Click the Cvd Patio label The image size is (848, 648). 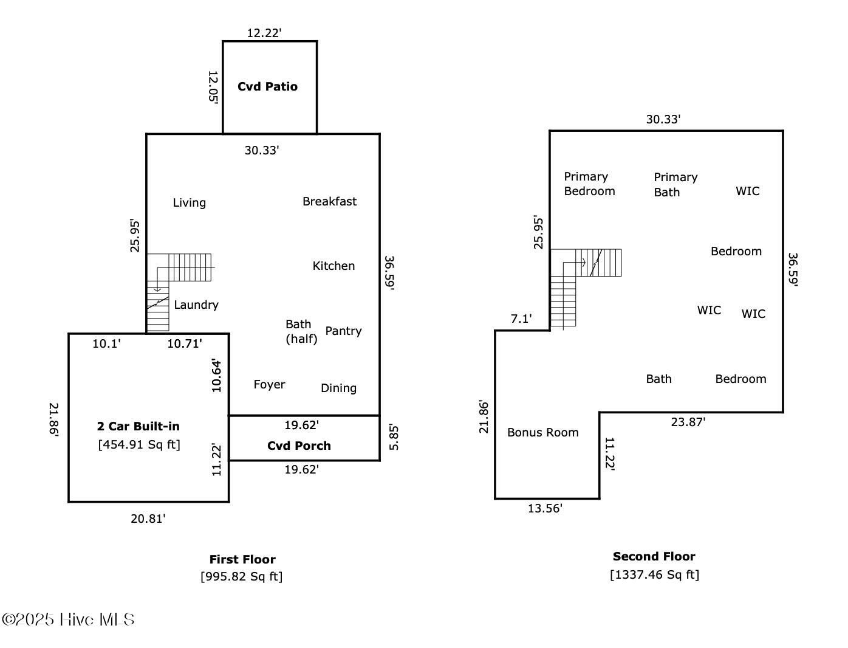[267, 86]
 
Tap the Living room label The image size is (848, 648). [189, 202]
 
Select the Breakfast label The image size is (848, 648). [329, 201]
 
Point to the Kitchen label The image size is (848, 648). [333, 266]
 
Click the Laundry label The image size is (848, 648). [196, 305]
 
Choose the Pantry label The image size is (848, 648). [343, 331]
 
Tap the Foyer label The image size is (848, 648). [269, 384]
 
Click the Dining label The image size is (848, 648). [338, 388]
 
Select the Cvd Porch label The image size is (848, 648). [299, 446]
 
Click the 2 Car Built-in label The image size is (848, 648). [138, 426]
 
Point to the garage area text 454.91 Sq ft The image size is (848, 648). [139, 444]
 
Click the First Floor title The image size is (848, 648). [242, 559]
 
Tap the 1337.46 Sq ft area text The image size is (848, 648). [654, 574]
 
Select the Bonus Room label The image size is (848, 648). [542, 432]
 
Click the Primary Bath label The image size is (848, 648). [675, 184]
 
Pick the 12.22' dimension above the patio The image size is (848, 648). [264, 33]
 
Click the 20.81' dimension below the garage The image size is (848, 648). [148, 519]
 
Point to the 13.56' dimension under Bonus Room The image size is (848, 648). [545, 509]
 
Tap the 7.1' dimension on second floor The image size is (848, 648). [521, 319]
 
